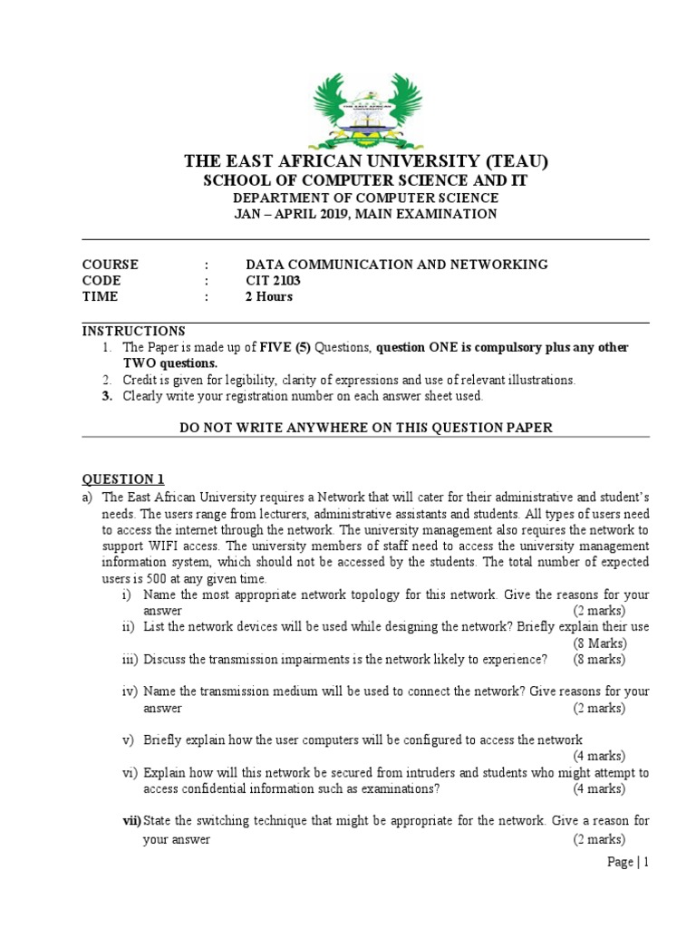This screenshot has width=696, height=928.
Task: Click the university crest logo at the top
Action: pyautogui.click(x=366, y=100)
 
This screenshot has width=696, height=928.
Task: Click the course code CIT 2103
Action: pyautogui.click(x=273, y=281)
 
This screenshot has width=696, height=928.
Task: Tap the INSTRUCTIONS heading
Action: pyautogui.click(x=133, y=331)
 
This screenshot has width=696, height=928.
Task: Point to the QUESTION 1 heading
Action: pyautogui.click(x=123, y=479)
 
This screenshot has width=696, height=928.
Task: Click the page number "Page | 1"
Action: pyautogui.click(x=628, y=863)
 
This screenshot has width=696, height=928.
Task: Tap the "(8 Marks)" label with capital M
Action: pyautogui.click(x=598, y=643)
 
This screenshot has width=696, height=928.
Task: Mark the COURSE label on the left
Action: pyautogui.click(x=111, y=265)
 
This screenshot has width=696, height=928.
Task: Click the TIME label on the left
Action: pyautogui.click(x=100, y=297)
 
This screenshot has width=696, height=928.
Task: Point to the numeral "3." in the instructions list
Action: pyautogui.click(x=106, y=396)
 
